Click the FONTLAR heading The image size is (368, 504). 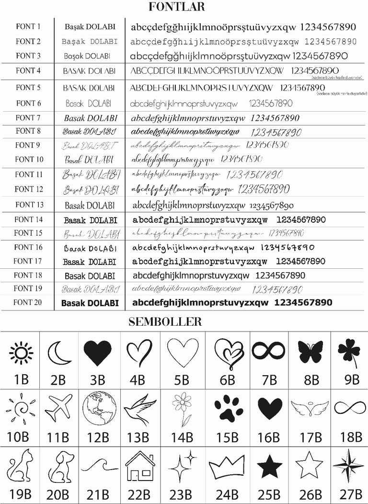(177, 7)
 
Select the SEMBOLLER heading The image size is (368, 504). (165, 322)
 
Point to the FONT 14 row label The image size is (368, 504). (28, 220)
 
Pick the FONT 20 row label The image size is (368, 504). (28, 302)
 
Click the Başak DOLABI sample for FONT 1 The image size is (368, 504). (89, 27)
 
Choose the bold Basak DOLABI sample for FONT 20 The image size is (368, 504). (90, 303)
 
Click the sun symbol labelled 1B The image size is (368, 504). (21, 354)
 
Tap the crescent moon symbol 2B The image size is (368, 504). (59, 354)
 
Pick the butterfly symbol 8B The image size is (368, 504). (310, 352)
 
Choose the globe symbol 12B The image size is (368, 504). (99, 408)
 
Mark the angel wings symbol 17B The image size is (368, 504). (310, 408)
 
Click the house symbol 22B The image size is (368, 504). (140, 466)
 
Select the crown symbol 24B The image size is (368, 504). (227, 467)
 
